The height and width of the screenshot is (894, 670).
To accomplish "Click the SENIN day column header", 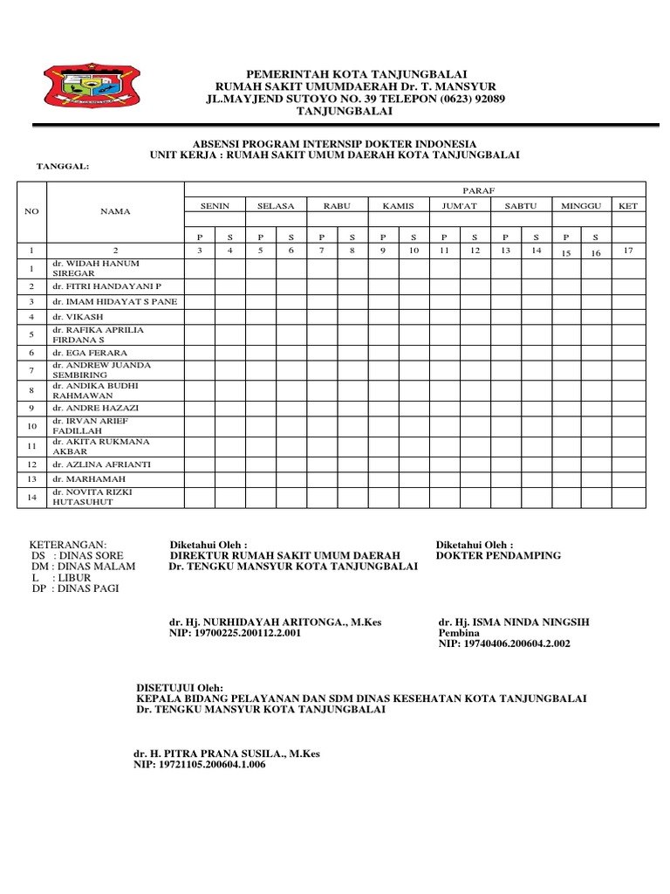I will (x=215, y=205).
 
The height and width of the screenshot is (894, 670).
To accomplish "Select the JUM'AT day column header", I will (x=459, y=205).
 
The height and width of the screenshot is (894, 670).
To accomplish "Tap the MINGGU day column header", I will (x=581, y=205).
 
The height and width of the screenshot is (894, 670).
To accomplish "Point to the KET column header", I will (x=627, y=205).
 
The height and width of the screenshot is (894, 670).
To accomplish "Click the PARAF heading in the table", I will (x=475, y=189).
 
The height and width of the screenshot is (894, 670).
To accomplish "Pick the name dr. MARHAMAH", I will (x=81, y=479).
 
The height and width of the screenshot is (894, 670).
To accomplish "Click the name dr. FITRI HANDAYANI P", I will (x=101, y=286).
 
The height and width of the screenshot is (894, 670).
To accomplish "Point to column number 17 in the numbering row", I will (x=627, y=251).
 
